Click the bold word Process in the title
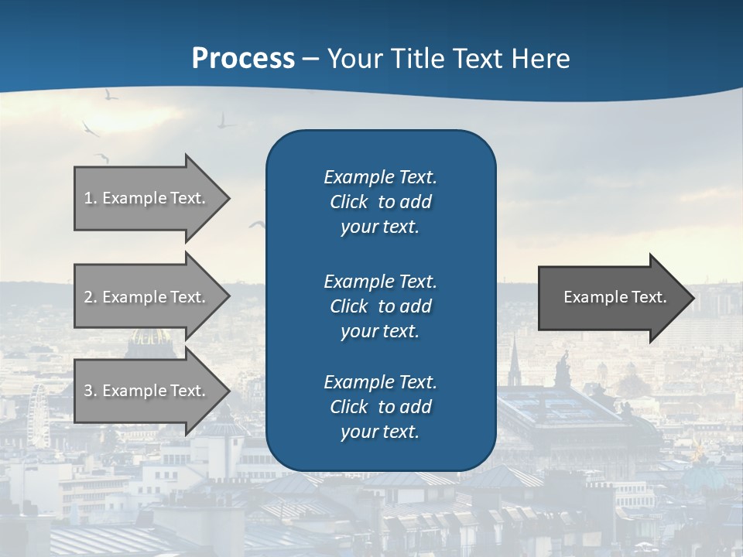point(243,58)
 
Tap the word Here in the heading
point(541,58)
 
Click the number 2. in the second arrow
point(91,297)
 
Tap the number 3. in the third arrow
point(91,391)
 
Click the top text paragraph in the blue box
point(380,202)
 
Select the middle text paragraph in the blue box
point(380,306)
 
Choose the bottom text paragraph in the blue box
point(380,407)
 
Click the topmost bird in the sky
point(111,94)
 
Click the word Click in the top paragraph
point(348,202)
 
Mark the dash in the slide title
point(310,60)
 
